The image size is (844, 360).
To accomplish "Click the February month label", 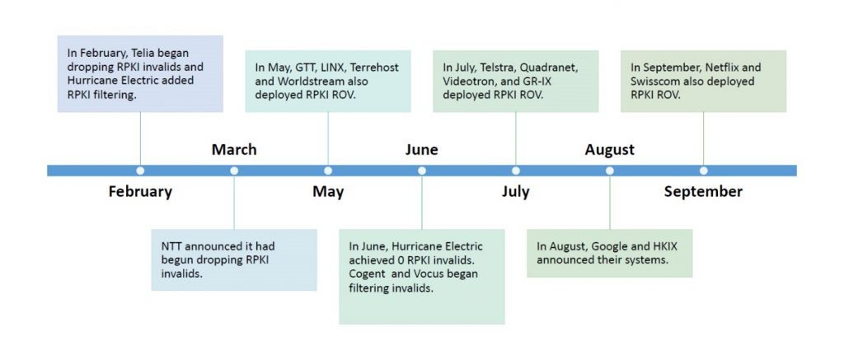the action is point(140,192).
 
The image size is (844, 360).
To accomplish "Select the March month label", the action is point(234,149).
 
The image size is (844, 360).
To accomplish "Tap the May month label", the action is point(328,192).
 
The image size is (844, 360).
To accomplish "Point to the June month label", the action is point(421,149).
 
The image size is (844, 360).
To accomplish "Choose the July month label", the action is point(516,192).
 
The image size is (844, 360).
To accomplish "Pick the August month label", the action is point(609,150).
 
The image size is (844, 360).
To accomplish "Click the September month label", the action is point(703,192).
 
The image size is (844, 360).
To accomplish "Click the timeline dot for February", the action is point(140,171).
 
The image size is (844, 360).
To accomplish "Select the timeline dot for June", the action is point(422,171).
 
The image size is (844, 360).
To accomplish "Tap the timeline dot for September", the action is point(704,171).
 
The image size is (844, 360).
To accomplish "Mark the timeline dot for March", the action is point(234,171).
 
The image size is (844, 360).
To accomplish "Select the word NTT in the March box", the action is point(171,246).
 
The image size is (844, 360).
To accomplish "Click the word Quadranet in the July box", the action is point(551,68).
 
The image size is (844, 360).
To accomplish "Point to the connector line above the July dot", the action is point(516,139).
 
